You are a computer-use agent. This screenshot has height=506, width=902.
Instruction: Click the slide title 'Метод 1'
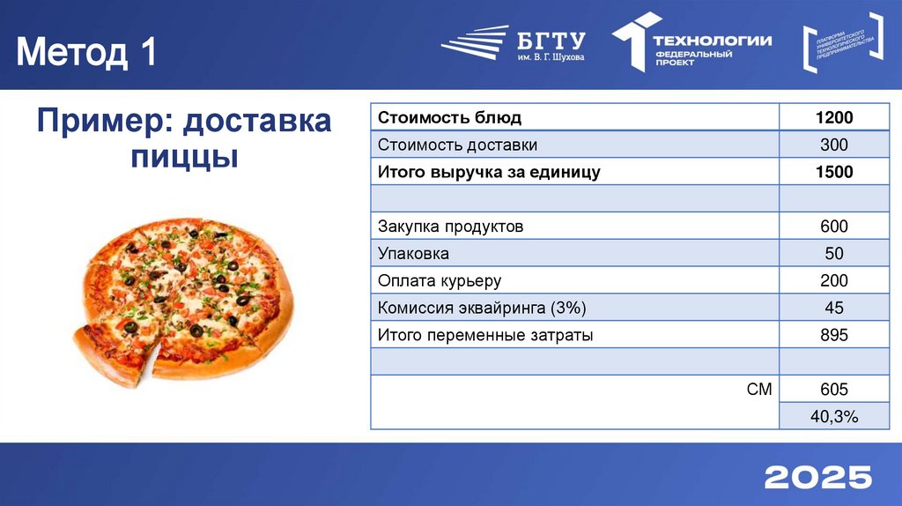(87, 53)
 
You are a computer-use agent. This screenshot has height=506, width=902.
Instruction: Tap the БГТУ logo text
(551, 41)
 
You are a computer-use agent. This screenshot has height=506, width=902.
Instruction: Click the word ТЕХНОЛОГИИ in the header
(712, 40)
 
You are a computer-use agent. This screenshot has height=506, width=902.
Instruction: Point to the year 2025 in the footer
(817, 477)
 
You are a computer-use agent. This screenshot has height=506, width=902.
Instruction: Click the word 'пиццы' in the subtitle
(184, 158)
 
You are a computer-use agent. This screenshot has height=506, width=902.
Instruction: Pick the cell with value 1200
(833, 117)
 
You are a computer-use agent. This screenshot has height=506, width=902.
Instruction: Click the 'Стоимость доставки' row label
(457, 145)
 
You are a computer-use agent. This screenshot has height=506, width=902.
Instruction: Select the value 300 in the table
(833, 145)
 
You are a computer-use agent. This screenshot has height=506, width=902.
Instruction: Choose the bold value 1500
(833, 172)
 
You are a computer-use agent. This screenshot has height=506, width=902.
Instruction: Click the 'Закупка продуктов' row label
(450, 227)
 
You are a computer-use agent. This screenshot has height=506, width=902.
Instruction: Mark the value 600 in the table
(833, 227)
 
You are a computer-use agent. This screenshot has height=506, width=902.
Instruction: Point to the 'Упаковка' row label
(413, 254)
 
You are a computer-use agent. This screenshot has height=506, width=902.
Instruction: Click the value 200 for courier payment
(833, 281)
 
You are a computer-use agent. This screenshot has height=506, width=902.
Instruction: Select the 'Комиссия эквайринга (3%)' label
(482, 308)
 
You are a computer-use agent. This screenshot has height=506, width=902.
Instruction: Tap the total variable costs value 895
(833, 335)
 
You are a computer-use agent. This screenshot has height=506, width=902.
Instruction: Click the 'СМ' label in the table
(759, 389)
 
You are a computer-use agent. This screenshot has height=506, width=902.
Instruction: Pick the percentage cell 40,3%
(833, 416)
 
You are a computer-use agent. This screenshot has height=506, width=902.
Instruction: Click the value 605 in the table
(833, 389)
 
